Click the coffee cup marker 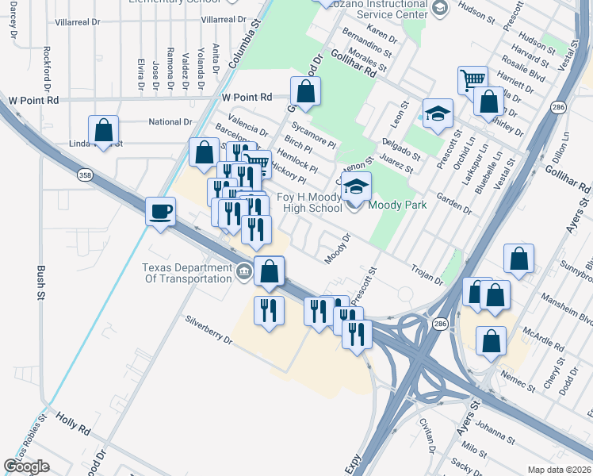click(x=162, y=212)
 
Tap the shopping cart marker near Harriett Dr click(x=472, y=80)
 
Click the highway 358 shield click(x=85, y=174)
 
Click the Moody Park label click(x=399, y=205)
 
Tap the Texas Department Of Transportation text click(x=188, y=273)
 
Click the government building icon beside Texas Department click(x=243, y=273)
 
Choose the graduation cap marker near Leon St click(x=437, y=113)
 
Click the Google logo click(x=26, y=466)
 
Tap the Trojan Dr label click(x=427, y=274)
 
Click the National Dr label click(x=170, y=122)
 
